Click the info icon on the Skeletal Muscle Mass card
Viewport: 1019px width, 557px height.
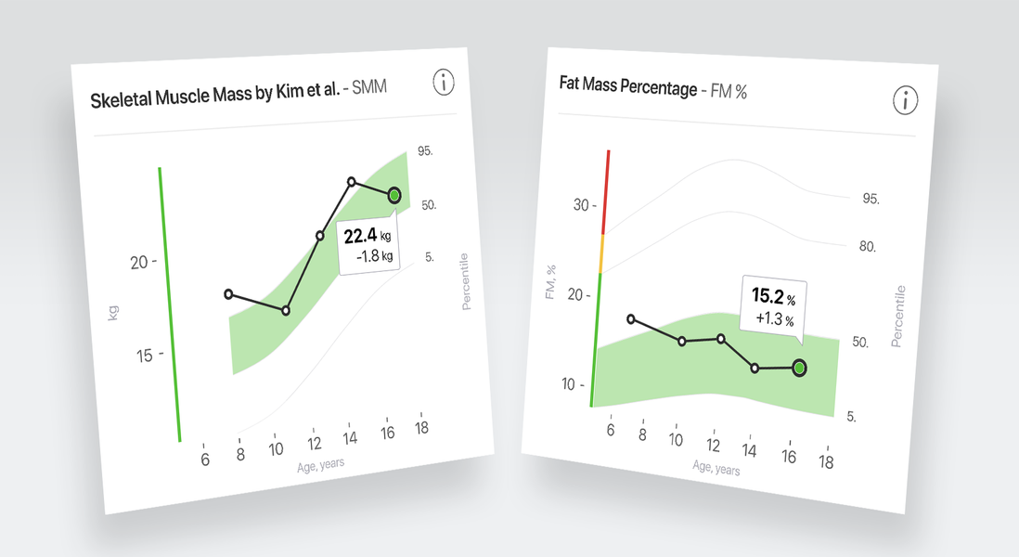(445, 82)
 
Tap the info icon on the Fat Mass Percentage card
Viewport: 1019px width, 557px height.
(906, 99)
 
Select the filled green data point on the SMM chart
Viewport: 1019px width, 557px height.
(394, 195)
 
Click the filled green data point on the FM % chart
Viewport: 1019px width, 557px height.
(799, 369)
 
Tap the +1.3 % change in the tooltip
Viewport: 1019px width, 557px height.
(774, 319)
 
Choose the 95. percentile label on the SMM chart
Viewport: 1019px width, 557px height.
(427, 150)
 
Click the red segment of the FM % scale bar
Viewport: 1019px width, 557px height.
(607, 190)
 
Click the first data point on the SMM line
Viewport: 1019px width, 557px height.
(229, 294)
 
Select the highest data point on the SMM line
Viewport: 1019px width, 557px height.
(352, 182)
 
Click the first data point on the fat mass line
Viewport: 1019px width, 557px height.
(632, 319)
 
